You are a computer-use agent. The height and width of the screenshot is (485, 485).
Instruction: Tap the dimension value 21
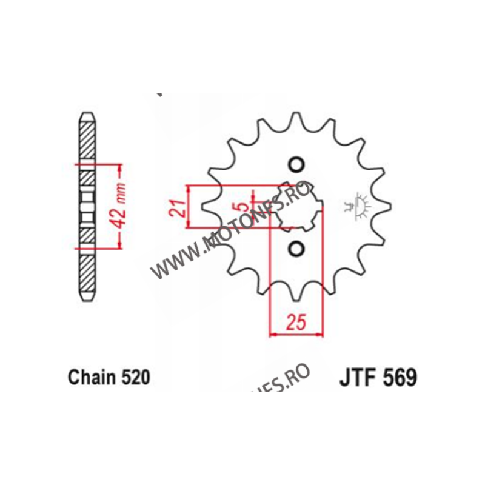(x=175, y=207)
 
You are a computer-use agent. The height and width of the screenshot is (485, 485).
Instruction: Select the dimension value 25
(x=295, y=321)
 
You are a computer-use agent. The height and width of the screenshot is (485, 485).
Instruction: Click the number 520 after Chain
(x=134, y=378)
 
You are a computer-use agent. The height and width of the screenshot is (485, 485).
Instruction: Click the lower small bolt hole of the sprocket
(x=295, y=248)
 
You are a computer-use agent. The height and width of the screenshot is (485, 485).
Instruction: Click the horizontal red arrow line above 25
(x=295, y=333)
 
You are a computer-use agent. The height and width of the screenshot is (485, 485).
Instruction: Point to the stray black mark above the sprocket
(x=159, y=95)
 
